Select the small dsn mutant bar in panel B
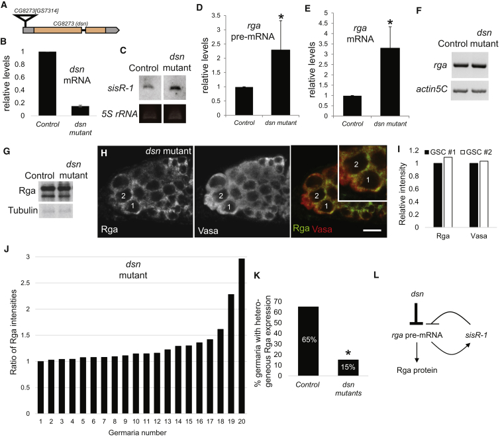click(98, 110)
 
